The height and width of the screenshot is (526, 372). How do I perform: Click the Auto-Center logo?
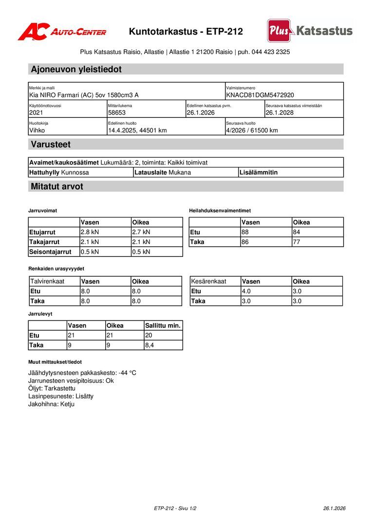point(62,32)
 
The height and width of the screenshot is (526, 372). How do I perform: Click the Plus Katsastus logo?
point(310,31)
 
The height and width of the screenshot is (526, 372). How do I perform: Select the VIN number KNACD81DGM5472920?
point(260,95)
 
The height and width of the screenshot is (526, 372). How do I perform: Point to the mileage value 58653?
point(117,113)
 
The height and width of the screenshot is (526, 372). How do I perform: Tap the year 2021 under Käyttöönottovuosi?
point(37,113)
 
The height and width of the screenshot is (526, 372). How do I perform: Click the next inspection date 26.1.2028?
point(279,113)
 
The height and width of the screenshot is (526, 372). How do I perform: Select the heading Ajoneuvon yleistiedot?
point(76,69)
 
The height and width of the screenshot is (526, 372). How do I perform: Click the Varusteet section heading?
point(51,144)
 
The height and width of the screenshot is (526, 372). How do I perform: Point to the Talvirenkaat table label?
point(47,281)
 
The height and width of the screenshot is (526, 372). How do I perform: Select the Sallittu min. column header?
point(163,325)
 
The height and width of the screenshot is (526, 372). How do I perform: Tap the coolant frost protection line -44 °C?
point(82,373)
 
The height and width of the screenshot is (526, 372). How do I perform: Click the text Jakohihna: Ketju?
point(51,404)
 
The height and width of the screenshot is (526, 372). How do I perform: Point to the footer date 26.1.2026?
point(334,508)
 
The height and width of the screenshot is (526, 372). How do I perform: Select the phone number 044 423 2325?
point(271,52)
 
